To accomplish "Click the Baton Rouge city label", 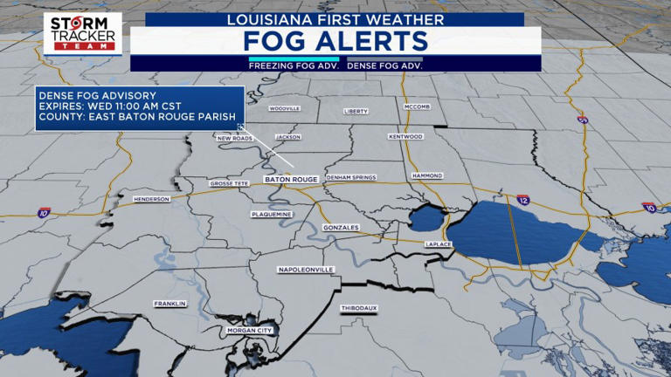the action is pos(291,179).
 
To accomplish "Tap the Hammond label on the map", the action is pos(427,175).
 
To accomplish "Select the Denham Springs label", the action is pos(350,177).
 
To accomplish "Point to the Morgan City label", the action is pos(250,331).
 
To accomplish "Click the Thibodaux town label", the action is pos(358,308).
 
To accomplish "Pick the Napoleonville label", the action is pos(306,270).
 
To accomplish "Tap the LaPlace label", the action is pos(437,244).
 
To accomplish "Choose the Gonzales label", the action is pos(341,228).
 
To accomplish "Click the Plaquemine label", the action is pos(271,214).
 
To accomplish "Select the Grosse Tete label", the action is pos(231,184).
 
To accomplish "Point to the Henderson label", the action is pos(151,199).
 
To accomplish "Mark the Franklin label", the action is pos(169,304).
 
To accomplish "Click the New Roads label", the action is pos(234,138).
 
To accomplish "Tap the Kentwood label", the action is pos(405,136).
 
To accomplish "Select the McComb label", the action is pos(417,106).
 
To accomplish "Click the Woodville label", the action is pos(284,108).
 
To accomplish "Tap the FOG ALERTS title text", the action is pos(335,41).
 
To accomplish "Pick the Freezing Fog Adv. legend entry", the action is pos(294,65).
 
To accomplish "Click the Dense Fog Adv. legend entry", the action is pos(385,65).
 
